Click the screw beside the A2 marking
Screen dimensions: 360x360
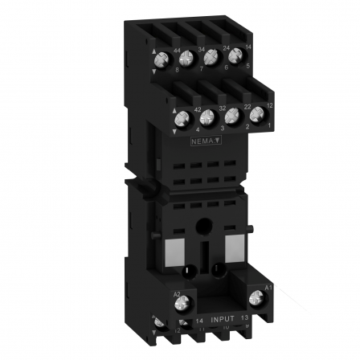pos(182,304)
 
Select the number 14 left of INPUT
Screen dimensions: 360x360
pos(198,320)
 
